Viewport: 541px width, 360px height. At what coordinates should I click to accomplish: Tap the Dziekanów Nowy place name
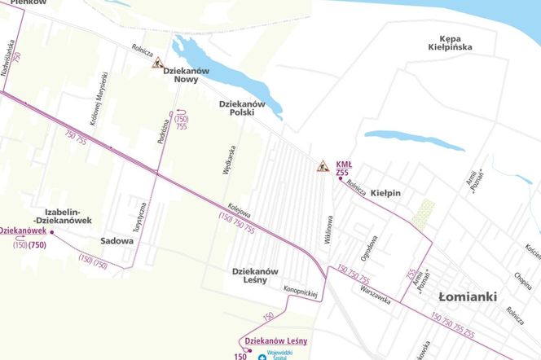click(187, 75)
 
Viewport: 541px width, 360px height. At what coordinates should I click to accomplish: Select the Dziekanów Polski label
click(243, 108)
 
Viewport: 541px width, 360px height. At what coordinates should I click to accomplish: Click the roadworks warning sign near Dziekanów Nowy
click(157, 63)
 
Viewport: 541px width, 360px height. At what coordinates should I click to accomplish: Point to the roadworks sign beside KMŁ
click(323, 167)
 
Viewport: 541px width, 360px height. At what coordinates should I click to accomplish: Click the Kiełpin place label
click(386, 193)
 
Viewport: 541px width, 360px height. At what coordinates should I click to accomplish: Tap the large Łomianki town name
click(467, 297)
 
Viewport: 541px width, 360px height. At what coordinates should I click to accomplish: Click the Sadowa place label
click(117, 241)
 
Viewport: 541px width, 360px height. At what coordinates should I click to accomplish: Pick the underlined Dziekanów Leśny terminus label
click(275, 340)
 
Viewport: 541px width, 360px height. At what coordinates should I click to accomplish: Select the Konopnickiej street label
click(300, 291)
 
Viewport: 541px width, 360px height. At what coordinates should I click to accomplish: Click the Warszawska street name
click(376, 295)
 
